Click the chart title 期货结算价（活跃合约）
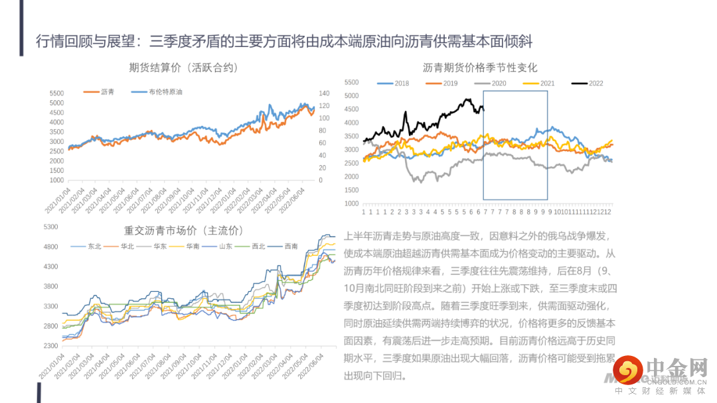click(184, 67)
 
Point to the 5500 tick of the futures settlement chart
click(56, 93)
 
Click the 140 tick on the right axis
click(325, 93)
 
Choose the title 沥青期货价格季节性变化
click(480, 67)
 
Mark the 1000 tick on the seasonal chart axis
click(351, 203)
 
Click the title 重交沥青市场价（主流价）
click(184, 231)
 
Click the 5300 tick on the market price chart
click(50, 227)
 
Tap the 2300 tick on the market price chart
click(50, 346)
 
